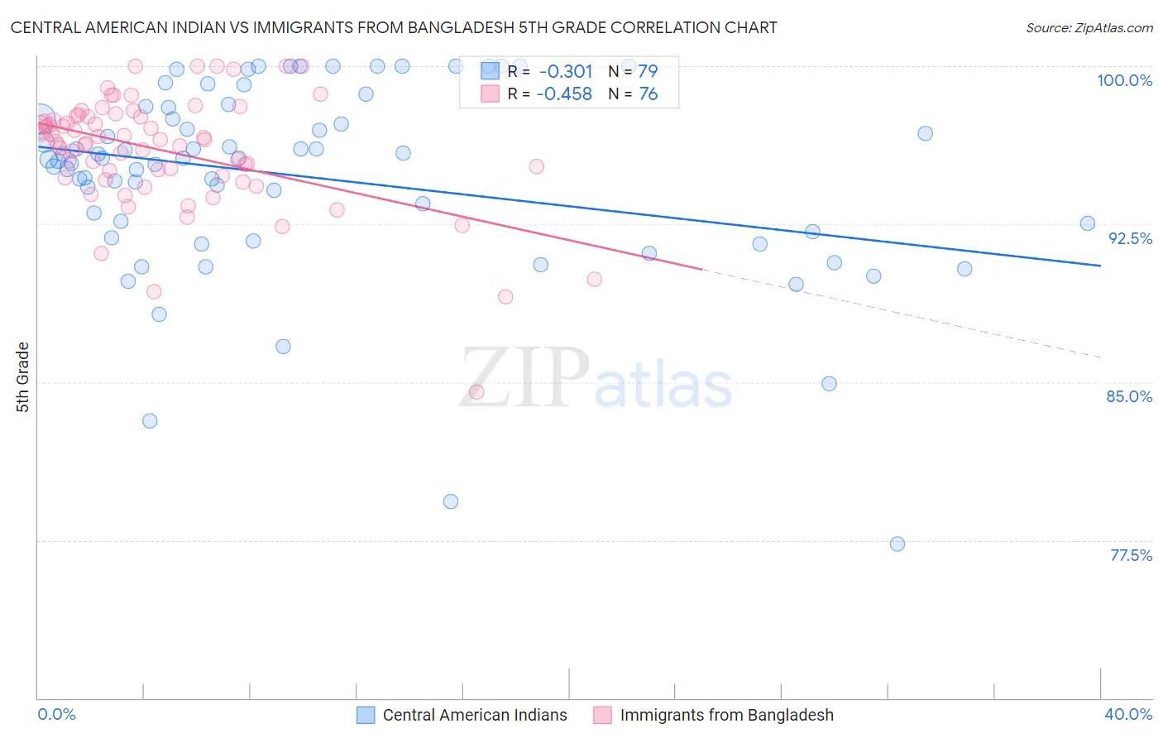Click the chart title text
394,27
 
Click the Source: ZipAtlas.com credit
1089,27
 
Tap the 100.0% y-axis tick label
1124,80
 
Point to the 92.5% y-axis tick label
1130,238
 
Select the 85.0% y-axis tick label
1129,396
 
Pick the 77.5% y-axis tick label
1131,555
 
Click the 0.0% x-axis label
56,714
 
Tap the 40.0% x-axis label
1128,714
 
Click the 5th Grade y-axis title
23,376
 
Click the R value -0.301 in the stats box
566,71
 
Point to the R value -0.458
564,94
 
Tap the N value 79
648,71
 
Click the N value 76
648,94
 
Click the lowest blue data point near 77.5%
897,544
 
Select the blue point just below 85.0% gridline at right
829,384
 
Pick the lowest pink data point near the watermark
476,391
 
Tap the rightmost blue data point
1088,223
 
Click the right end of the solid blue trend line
1101,266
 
